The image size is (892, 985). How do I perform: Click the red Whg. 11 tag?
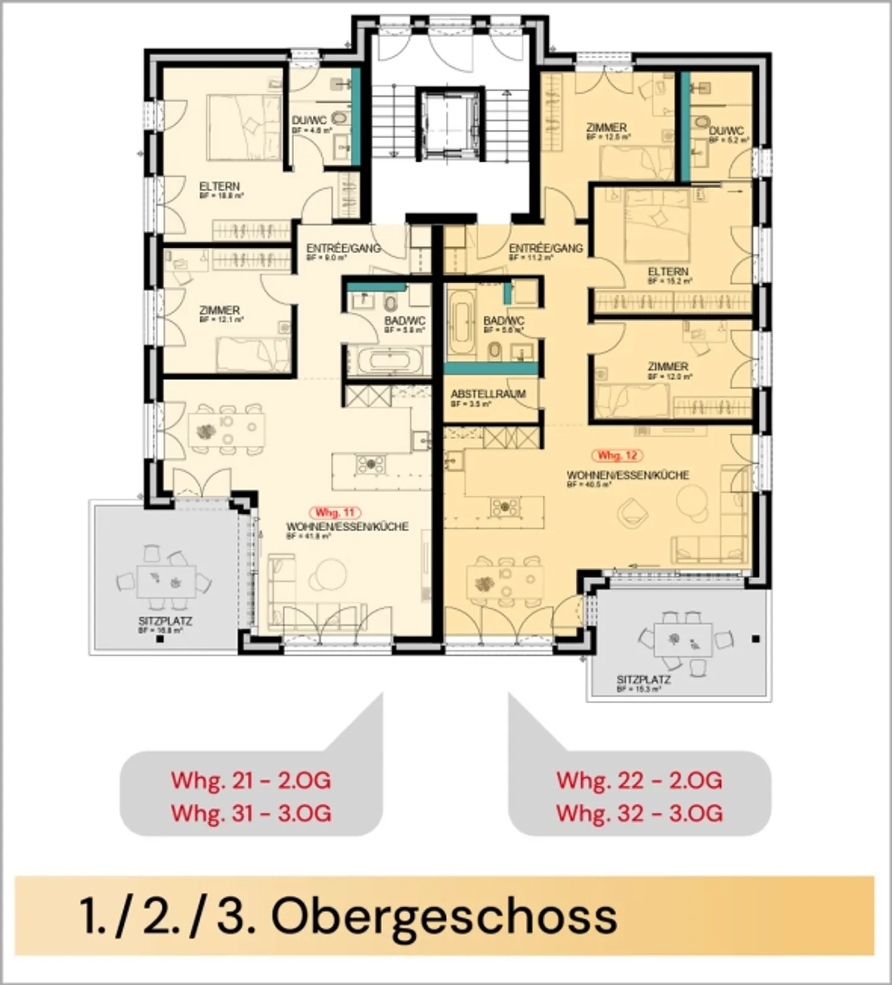[335, 513]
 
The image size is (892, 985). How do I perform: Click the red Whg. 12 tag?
[617, 455]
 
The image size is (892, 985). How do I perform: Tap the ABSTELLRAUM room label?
[488, 394]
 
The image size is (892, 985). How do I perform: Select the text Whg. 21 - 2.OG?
[251, 780]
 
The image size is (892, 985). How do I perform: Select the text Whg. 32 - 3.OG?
[639, 813]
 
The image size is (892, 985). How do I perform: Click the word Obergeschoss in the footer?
[444, 916]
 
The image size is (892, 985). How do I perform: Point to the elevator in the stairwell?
[449, 122]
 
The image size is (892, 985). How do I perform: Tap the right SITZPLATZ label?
[644, 679]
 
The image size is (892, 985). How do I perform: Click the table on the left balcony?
[166, 581]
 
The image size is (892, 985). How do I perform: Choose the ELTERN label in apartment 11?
[219, 186]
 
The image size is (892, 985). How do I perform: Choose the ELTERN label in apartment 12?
[668, 271]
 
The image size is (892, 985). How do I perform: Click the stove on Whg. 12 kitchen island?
[505, 507]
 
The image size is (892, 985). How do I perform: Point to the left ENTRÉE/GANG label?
[343, 248]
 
